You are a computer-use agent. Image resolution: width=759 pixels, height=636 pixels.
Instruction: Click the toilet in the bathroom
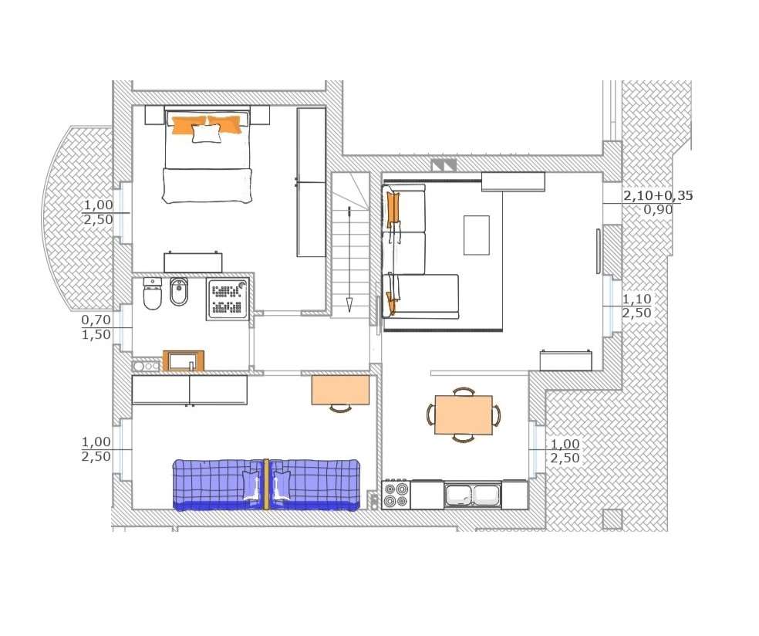click(x=153, y=294)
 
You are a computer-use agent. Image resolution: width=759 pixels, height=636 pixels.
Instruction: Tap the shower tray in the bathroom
click(x=228, y=299)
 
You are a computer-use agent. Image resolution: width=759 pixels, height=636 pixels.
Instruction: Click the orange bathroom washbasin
click(x=184, y=361)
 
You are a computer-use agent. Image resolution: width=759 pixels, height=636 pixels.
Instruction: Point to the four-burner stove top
click(x=396, y=495)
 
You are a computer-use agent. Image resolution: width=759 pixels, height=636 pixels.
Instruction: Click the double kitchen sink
click(x=472, y=495)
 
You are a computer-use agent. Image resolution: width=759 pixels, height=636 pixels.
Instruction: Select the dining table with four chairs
click(x=464, y=415)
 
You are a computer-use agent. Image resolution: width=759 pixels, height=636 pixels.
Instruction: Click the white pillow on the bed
click(x=206, y=134)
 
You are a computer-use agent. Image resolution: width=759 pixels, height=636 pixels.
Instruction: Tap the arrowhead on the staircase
click(x=349, y=305)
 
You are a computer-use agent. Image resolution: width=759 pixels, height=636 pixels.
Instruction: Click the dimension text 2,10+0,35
click(x=658, y=196)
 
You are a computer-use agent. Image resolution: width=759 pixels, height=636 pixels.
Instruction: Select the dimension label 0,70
click(x=96, y=320)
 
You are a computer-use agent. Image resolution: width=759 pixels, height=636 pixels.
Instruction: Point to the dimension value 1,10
click(x=636, y=299)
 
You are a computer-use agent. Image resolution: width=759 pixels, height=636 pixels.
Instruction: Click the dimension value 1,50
click(x=96, y=334)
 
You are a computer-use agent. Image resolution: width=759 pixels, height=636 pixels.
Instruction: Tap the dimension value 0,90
click(x=658, y=210)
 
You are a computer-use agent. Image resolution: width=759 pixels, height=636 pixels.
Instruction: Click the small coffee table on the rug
click(x=477, y=235)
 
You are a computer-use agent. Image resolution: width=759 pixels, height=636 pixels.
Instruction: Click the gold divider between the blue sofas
click(x=266, y=484)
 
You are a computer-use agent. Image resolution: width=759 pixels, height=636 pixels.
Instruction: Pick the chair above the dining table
click(x=464, y=391)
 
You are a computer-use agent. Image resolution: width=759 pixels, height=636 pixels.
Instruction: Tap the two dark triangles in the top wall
click(x=444, y=165)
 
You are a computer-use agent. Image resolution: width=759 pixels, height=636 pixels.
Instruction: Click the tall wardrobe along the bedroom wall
click(x=311, y=182)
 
